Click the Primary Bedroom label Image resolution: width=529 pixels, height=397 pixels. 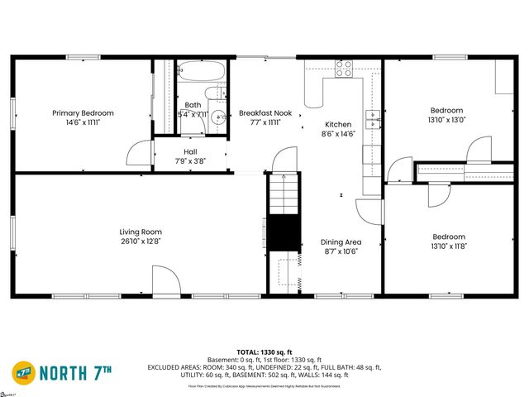(x=83, y=112)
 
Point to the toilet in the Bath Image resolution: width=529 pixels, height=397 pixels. (x=217, y=93)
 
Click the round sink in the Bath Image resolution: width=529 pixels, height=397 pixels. (x=217, y=117)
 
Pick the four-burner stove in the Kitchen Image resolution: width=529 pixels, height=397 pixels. (x=344, y=69)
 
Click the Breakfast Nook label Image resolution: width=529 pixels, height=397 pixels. (x=265, y=112)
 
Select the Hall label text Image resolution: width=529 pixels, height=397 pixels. (x=190, y=151)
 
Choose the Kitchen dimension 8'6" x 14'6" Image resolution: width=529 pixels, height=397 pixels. (x=338, y=134)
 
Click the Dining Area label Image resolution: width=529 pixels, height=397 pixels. (x=341, y=242)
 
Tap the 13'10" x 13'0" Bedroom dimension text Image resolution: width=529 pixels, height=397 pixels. (x=446, y=120)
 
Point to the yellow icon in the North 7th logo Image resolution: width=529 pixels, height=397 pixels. (x=23, y=373)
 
